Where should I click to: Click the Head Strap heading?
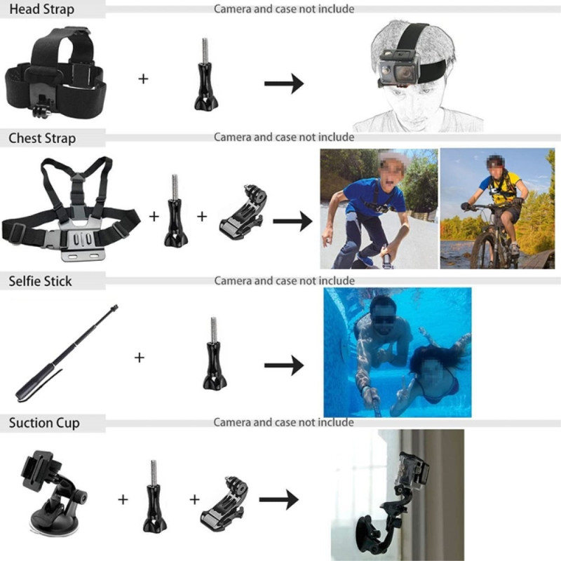coord(41,10)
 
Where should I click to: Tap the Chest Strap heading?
coord(42,138)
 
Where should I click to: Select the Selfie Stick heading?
coord(40,281)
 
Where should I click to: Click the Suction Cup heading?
coord(43,423)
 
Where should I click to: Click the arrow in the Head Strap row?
coord(284,84)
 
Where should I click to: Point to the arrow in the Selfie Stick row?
coord(284,365)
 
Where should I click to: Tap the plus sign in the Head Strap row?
coord(143,79)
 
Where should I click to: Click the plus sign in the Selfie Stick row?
coord(140,358)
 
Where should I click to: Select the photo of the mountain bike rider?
coord(497,208)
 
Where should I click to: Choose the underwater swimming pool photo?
coord(397,352)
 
